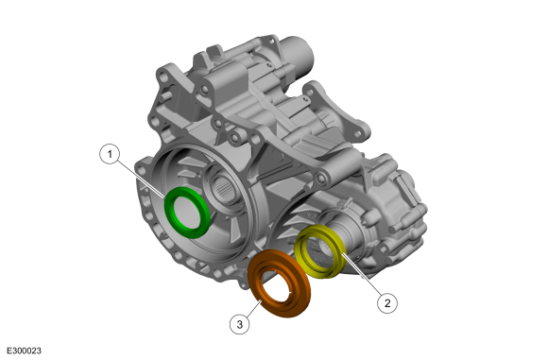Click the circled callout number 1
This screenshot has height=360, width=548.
[110, 154]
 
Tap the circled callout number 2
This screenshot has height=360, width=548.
[387, 302]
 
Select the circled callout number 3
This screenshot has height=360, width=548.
[240, 324]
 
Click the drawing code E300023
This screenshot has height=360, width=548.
[24, 351]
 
